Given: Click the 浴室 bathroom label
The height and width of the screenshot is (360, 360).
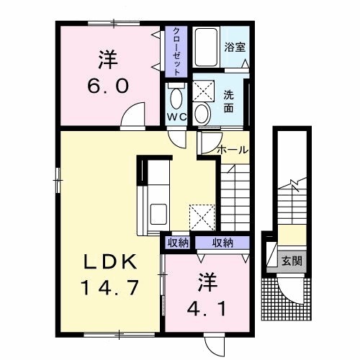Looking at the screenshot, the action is [235, 47].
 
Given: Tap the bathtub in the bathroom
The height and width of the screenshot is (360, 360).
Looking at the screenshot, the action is [206, 48].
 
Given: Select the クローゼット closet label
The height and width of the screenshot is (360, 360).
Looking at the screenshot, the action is [176, 52].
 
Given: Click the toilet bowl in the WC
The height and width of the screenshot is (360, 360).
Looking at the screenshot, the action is [176, 99].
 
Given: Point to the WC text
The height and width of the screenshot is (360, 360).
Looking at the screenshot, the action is [177, 117].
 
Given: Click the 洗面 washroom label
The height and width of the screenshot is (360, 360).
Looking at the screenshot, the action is [229, 102].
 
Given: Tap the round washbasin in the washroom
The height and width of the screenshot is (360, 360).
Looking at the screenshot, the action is [202, 114].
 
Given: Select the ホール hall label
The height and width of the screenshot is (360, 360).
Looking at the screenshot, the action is [232, 150].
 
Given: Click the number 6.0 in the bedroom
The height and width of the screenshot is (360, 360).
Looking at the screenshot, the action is [108, 86].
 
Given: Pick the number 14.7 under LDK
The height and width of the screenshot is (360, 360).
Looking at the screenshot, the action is [110, 288].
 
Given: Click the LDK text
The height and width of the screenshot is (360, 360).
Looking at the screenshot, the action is [110, 262].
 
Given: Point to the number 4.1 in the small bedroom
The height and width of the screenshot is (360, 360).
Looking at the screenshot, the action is [207, 309].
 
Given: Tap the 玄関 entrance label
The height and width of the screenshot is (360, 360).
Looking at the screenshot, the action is [292, 261].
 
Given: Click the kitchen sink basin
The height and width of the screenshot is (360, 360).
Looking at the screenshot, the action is [158, 214].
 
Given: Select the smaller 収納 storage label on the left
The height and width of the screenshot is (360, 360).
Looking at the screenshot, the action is [178, 243].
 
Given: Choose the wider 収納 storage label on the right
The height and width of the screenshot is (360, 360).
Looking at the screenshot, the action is [222, 243].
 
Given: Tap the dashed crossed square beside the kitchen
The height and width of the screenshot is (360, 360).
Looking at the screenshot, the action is [202, 217].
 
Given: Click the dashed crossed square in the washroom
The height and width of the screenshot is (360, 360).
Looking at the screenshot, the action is [203, 91].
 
